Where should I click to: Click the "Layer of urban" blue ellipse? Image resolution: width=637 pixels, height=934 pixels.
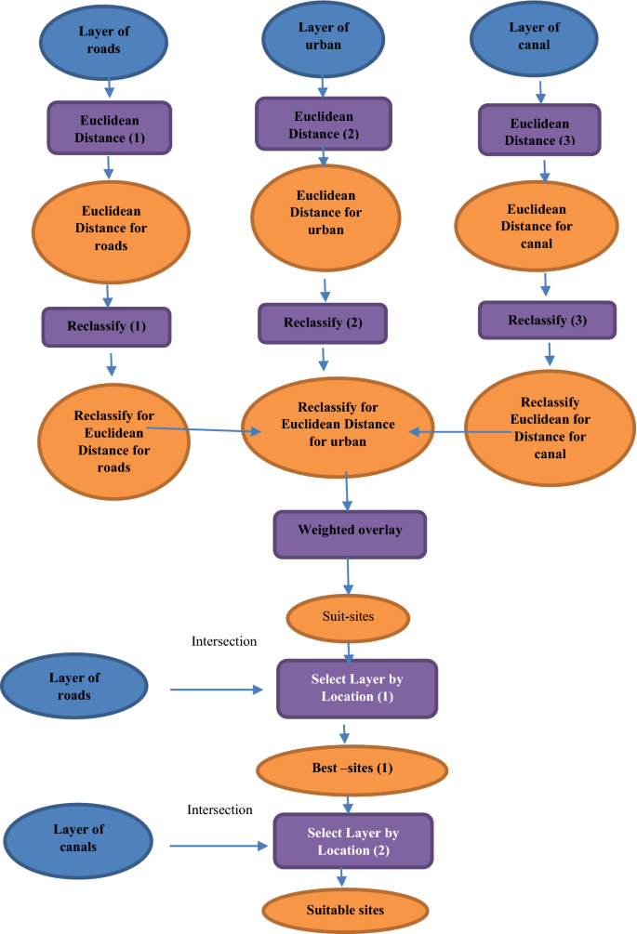pyautogui.click(x=323, y=37)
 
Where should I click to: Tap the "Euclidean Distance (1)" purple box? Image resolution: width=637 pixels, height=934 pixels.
pyautogui.click(x=110, y=128)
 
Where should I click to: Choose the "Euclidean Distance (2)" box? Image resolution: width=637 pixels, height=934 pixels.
pyautogui.click(x=323, y=125)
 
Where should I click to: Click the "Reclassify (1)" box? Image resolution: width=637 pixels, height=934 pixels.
pyautogui.click(x=106, y=327)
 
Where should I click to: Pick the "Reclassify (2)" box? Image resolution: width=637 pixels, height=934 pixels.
pyautogui.click(x=322, y=322)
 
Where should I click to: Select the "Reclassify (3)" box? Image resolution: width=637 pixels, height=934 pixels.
pyautogui.click(x=547, y=321)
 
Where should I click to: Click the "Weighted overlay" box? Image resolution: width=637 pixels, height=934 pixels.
pyautogui.click(x=349, y=533)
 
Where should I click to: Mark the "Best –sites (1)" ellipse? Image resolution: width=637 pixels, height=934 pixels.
pyautogui.click(x=352, y=770)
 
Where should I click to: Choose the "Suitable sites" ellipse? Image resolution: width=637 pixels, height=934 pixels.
pyautogui.click(x=344, y=910)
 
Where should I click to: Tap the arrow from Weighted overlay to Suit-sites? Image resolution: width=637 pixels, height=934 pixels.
pyautogui.click(x=349, y=575)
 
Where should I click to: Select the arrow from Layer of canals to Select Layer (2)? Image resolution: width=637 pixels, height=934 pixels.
pyautogui.click(x=218, y=847)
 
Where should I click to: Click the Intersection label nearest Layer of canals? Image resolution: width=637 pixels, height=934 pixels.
pyautogui.click(x=220, y=809)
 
